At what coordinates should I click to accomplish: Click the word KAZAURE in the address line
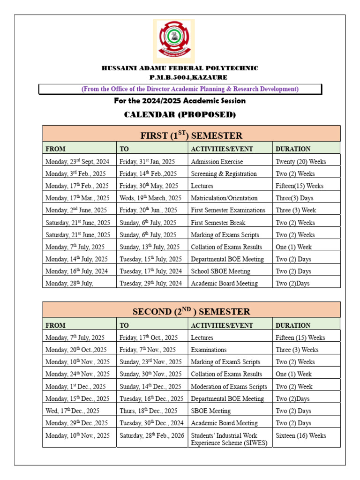coord(210,77)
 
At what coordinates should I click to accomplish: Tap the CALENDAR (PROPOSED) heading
coord(180,115)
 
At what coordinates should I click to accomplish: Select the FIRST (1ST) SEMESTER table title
coord(191,135)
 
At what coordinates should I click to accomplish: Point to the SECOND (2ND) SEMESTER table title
coord(191,312)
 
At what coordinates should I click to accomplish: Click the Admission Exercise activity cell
coord(217,162)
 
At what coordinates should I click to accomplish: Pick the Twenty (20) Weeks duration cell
coord(300,162)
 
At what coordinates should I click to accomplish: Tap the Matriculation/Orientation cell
coord(224,198)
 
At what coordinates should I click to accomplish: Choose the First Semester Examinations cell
coord(228,210)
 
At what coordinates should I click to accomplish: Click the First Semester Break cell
coord(218,223)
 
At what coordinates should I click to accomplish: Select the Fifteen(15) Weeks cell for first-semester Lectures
coord(300,186)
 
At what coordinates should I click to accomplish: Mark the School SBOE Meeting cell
coord(220,271)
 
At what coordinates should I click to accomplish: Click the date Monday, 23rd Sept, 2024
coord(77,162)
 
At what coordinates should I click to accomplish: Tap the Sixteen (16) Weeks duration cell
coord(301,436)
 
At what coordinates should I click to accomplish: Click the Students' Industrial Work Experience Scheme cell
coord(224,439)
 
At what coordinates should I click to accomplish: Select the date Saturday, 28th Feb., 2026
coord(152,436)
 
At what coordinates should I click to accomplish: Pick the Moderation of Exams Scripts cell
coord(229,387)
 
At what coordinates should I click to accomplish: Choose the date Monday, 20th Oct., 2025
coord(76,350)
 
